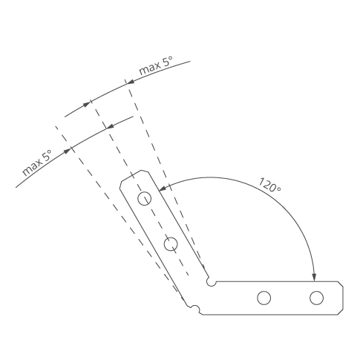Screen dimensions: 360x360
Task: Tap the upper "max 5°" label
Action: point(156,65)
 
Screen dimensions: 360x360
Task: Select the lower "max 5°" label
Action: point(37,163)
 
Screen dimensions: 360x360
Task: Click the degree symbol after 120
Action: point(279,189)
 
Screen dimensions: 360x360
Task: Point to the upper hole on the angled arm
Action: point(144,199)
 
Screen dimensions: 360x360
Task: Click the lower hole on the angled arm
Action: point(171,244)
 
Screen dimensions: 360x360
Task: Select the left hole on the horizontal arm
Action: point(264,298)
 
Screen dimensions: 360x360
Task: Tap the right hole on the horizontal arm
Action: point(316,298)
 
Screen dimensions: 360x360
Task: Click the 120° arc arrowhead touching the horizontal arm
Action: point(314,277)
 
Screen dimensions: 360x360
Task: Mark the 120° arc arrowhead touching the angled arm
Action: point(163,188)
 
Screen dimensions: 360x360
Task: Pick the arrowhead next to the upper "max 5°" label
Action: point(130,82)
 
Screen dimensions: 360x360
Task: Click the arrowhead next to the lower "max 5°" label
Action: point(67,151)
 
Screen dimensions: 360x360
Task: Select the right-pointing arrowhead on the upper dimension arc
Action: point(86,105)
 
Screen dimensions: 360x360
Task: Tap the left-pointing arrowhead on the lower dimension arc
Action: point(111,126)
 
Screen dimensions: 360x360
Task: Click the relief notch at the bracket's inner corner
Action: point(211,281)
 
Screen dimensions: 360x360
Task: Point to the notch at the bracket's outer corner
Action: point(195,309)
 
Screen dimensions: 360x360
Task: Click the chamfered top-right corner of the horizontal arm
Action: point(341,284)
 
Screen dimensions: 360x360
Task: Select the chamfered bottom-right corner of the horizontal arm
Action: point(341,312)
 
